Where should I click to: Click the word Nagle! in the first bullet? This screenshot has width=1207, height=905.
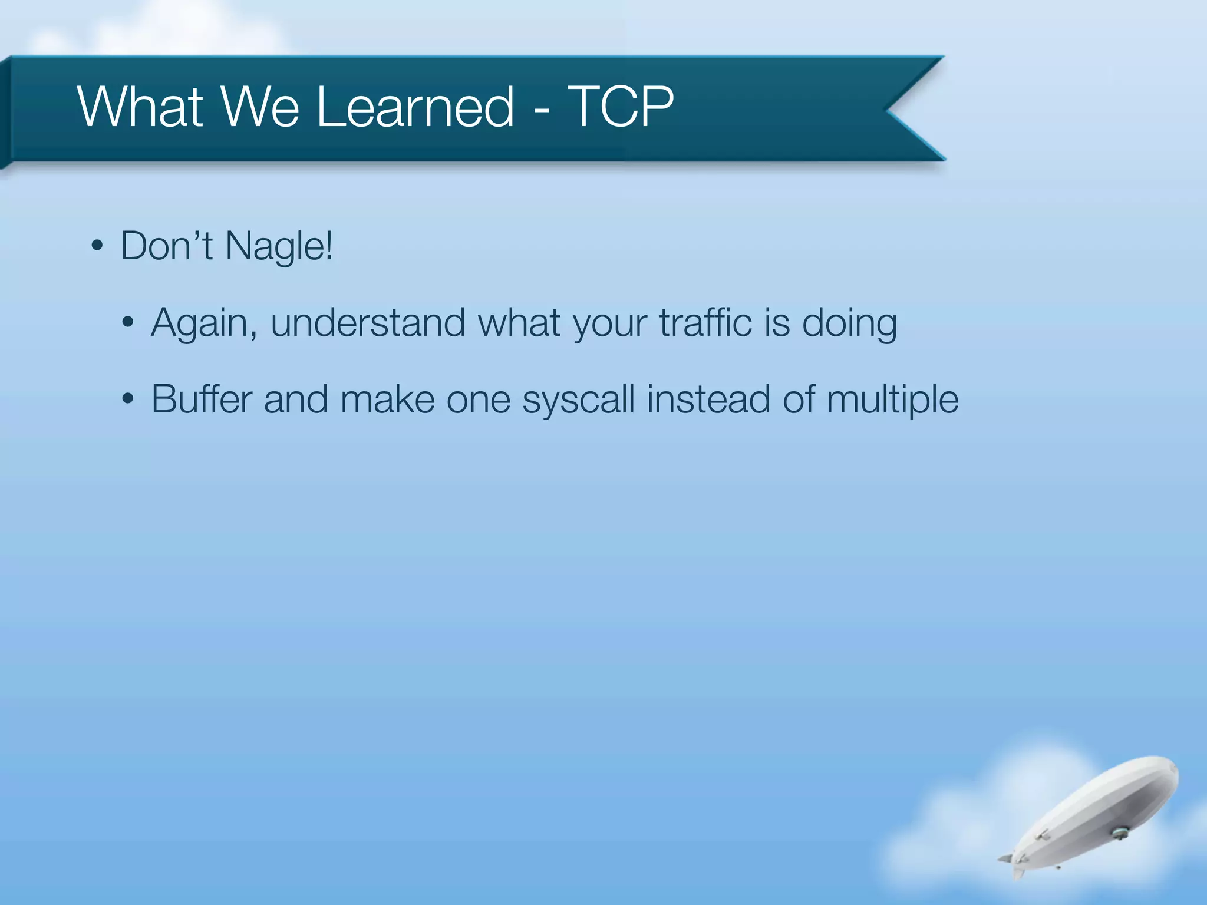click(x=279, y=246)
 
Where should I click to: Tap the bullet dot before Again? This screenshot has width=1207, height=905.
click(x=128, y=323)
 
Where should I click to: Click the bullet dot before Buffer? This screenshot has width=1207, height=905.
click(x=128, y=400)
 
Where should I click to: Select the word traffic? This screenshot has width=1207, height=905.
click(x=705, y=323)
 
